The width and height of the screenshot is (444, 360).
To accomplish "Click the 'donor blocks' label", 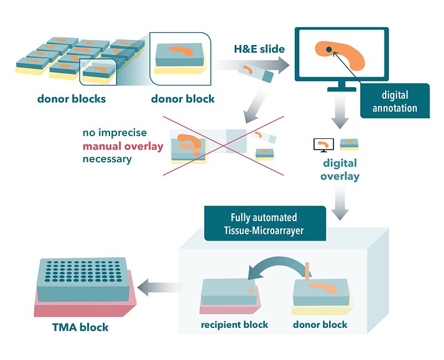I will [72, 99].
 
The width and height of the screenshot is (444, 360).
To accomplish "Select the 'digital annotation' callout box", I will [395, 101].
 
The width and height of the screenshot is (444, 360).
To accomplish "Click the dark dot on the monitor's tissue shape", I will [329, 50].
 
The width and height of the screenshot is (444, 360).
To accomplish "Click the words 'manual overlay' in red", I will [123, 147].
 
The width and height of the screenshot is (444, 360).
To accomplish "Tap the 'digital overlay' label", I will [341, 170].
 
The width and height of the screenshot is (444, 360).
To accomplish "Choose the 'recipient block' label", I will [234, 324].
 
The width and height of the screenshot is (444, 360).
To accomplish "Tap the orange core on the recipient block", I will [250, 289].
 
